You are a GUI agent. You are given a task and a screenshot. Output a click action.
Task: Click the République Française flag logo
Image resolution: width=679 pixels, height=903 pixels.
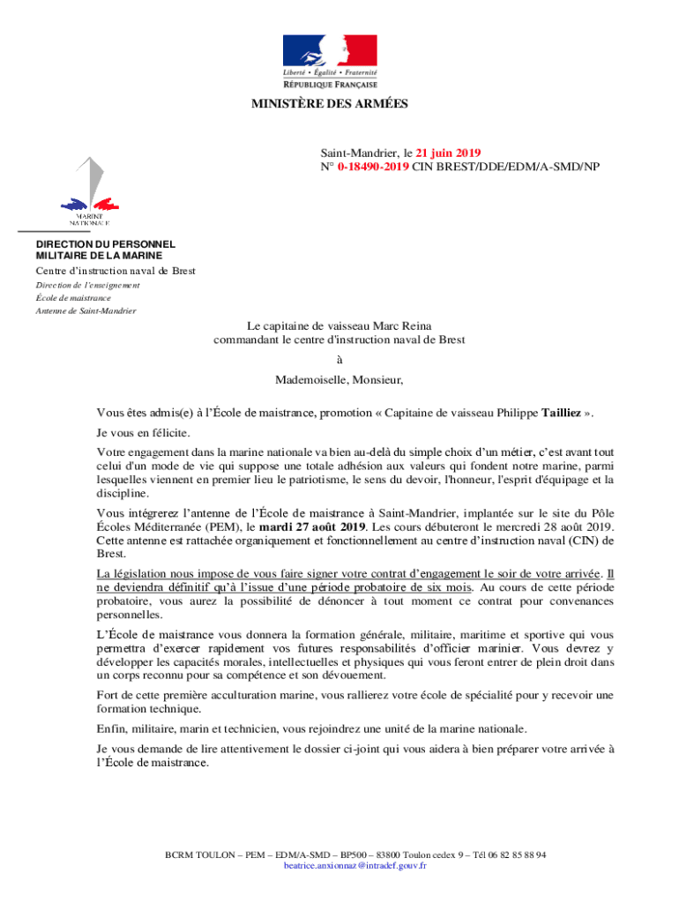[x=330, y=61]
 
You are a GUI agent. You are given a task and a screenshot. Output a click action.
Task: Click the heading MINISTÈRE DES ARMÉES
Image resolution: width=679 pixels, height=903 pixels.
[x=330, y=104]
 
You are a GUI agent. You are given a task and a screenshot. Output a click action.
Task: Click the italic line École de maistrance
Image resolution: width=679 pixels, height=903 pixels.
[x=73, y=298]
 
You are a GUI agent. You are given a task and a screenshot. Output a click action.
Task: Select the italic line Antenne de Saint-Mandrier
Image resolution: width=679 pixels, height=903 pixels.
[x=86, y=311]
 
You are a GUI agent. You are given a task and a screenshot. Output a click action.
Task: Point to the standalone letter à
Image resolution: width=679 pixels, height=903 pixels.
[x=339, y=360]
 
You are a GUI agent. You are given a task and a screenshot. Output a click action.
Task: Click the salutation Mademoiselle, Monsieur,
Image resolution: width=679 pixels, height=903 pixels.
[x=339, y=381]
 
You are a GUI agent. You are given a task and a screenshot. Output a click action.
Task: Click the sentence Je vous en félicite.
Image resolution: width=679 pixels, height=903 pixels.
[x=143, y=433]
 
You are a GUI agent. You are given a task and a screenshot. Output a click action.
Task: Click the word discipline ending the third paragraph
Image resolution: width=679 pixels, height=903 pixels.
[x=120, y=494]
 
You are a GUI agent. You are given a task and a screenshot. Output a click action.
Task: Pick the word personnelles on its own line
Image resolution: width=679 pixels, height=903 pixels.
[x=131, y=615]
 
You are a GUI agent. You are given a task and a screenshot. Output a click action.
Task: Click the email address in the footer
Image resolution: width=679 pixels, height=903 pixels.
[x=355, y=866]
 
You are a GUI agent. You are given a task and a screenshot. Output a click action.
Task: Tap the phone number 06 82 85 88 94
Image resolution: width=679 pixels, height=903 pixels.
[x=515, y=854]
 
